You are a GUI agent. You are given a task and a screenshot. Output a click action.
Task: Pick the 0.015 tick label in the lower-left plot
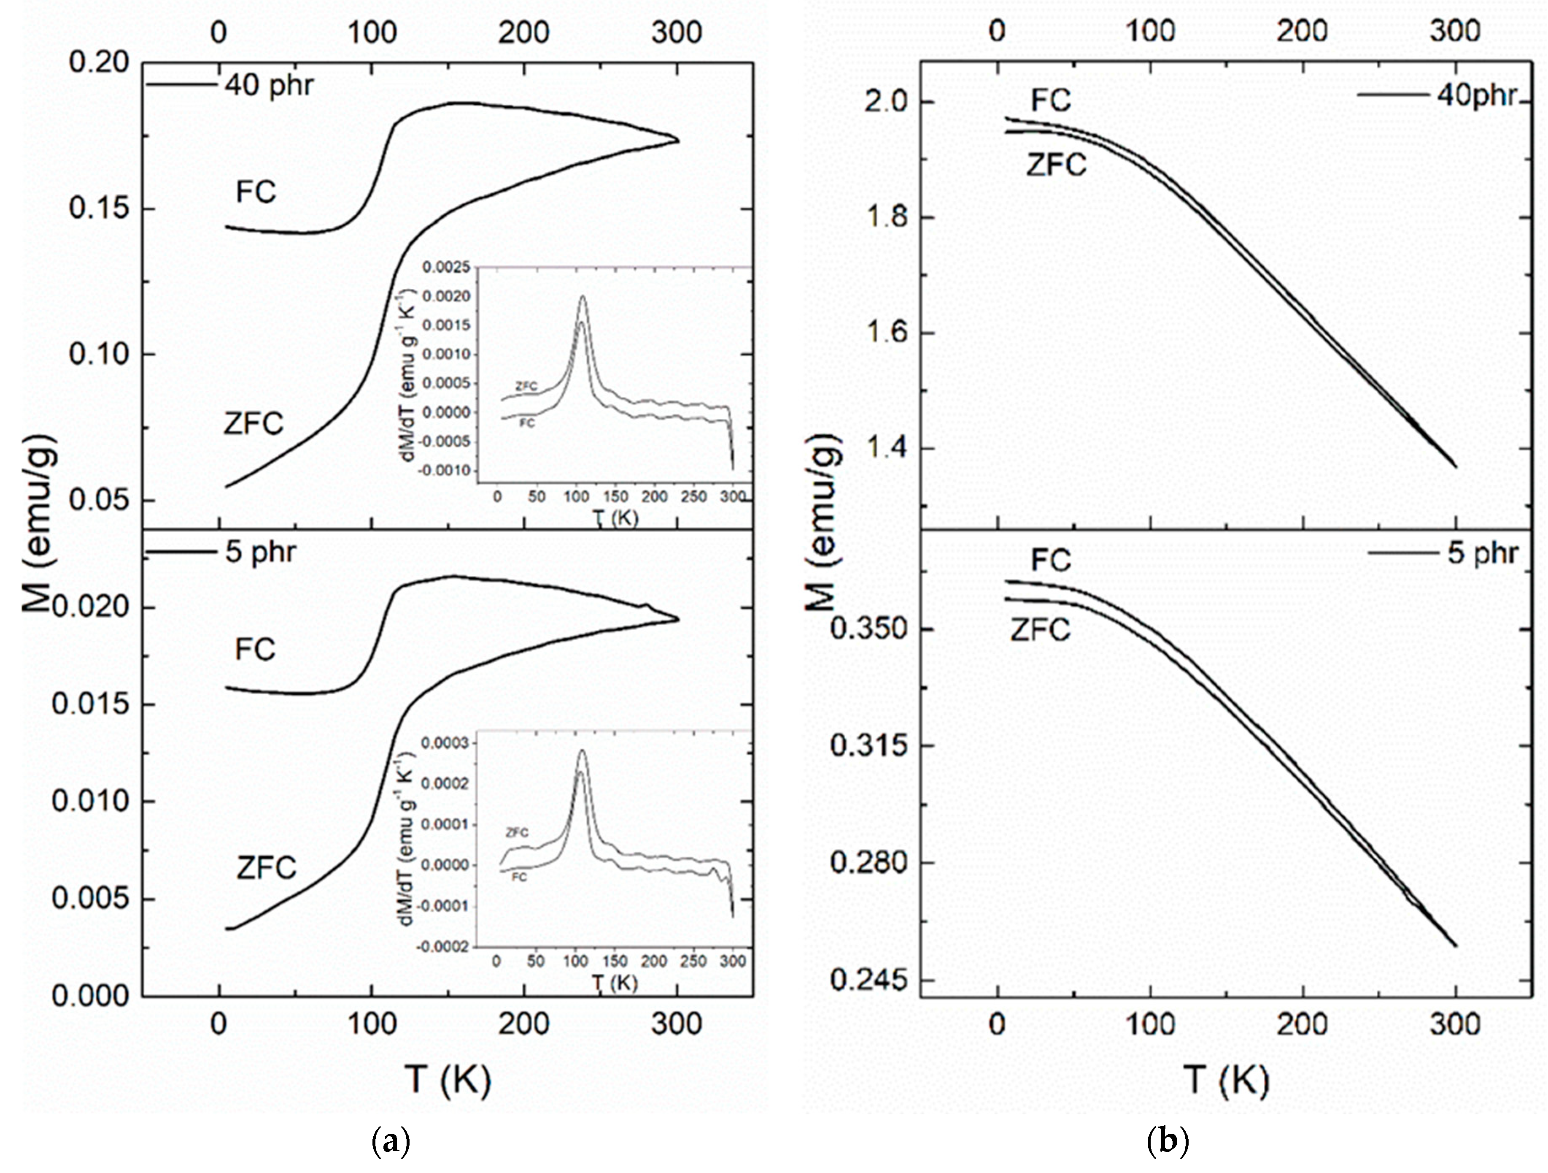tap(91, 704)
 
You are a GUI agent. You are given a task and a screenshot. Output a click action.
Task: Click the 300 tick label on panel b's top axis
tap(1454, 32)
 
